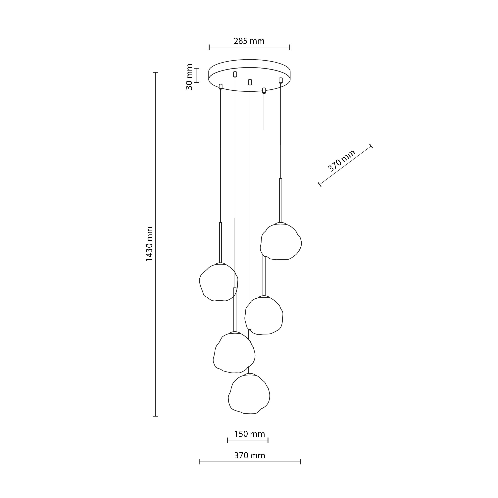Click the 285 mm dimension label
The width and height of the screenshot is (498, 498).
coord(249,41)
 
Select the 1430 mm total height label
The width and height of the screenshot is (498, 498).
coord(149,244)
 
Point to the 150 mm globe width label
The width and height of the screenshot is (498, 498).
coord(249,434)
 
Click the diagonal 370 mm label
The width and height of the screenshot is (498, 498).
coord(342,161)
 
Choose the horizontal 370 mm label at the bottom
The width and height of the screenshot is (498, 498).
coord(250,455)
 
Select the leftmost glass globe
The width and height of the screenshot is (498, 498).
coord(219,282)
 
